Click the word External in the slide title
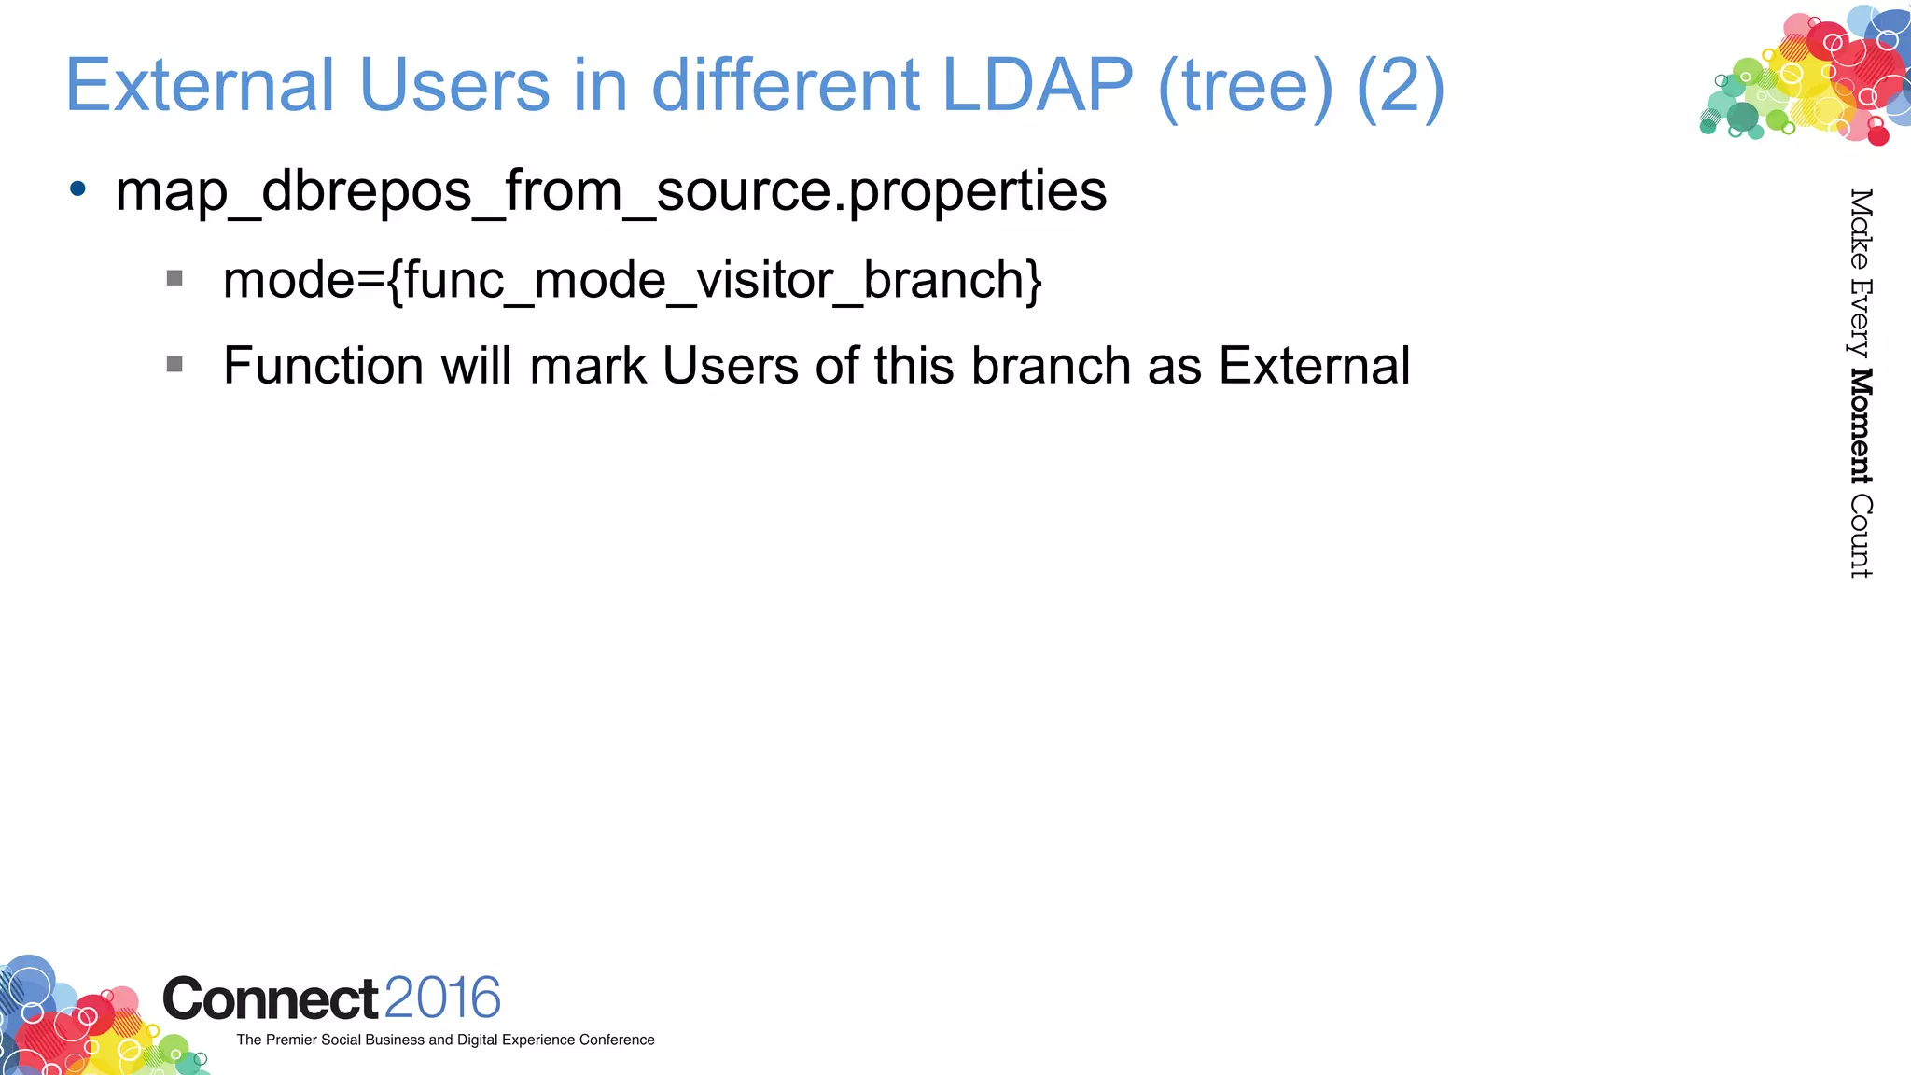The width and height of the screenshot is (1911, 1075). click(199, 86)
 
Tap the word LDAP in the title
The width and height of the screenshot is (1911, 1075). click(1037, 86)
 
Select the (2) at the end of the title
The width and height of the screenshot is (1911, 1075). click(1400, 86)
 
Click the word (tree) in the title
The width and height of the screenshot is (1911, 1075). click(1245, 86)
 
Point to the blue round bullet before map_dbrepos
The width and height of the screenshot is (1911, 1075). click(78, 189)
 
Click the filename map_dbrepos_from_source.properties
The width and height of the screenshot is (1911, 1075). click(610, 191)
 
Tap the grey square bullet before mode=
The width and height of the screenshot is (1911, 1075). click(174, 278)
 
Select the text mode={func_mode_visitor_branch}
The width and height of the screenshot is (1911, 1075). click(632, 280)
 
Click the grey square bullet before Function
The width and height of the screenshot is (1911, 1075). click(174, 364)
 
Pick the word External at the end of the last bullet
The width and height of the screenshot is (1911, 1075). click(1314, 365)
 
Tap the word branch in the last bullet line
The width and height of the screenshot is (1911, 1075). click(1051, 365)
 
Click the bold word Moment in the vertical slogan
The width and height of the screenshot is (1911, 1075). click(1860, 426)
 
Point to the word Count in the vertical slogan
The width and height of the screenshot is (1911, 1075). click(1860, 537)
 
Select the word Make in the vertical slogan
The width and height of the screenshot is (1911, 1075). click(1860, 229)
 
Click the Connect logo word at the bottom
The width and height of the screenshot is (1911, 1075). click(271, 999)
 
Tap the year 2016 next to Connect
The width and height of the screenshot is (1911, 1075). click(442, 998)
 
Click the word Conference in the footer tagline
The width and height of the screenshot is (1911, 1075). click(617, 1040)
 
